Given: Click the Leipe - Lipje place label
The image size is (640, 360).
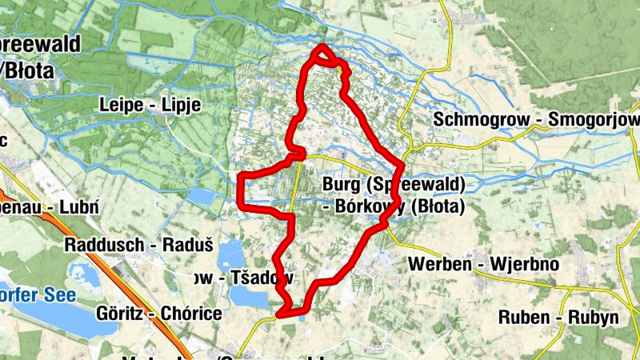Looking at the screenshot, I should [x=150, y=105].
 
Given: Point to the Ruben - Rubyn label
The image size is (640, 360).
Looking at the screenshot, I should [x=558, y=317].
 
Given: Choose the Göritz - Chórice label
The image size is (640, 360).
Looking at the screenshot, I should [x=158, y=313].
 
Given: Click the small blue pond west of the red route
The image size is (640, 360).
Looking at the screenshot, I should [x=202, y=197].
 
